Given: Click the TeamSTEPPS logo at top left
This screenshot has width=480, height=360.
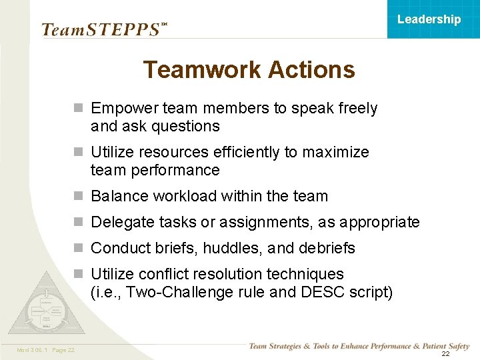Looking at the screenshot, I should pyautogui.click(x=101, y=29).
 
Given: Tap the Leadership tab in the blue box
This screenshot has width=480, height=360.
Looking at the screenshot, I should pyautogui.click(x=429, y=19).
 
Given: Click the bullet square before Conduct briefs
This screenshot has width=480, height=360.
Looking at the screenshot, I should pyautogui.click(x=79, y=248).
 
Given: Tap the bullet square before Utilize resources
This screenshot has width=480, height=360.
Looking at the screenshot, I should pyautogui.click(x=79, y=152).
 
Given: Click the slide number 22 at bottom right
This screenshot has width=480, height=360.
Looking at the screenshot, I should pyautogui.click(x=445, y=354).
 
